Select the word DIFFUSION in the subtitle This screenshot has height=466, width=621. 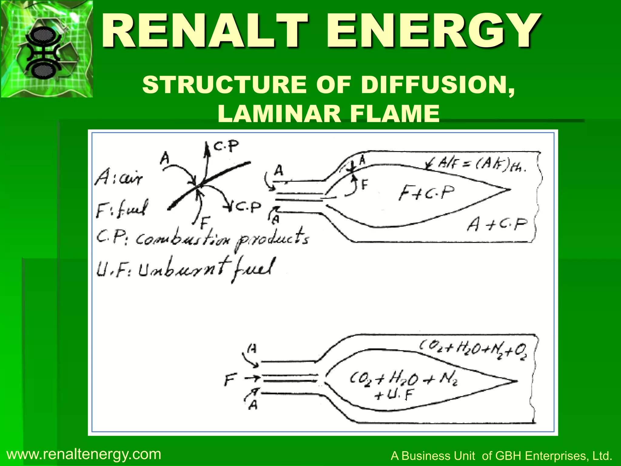(x=437, y=85)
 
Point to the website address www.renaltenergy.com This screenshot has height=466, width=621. (x=84, y=454)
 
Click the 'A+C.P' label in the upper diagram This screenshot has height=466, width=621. (x=497, y=225)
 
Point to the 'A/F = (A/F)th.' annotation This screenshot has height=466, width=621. (x=479, y=165)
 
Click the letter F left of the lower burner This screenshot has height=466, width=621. (x=229, y=380)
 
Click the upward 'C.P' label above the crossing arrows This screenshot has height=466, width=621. (x=226, y=147)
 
